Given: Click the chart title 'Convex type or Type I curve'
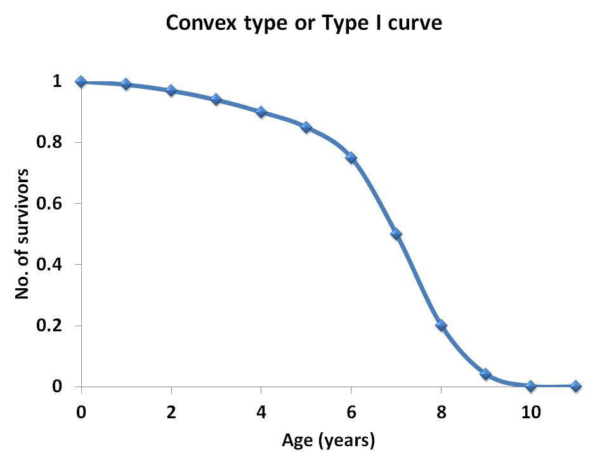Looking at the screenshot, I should (x=303, y=23).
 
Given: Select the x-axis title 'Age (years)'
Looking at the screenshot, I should (x=328, y=439).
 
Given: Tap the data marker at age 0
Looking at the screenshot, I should (x=81, y=81).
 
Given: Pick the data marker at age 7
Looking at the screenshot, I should (x=396, y=234).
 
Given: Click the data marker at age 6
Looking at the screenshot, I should (x=351, y=157).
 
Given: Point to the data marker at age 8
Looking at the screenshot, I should (x=441, y=325).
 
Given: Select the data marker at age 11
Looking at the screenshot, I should (x=575, y=386).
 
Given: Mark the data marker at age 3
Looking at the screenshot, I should (x=216, y=99).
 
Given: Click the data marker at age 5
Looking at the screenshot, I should (x=306, y=127).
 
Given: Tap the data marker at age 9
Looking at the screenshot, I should (x=486, y=374).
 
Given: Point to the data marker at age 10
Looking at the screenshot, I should (x=530, y=386).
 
